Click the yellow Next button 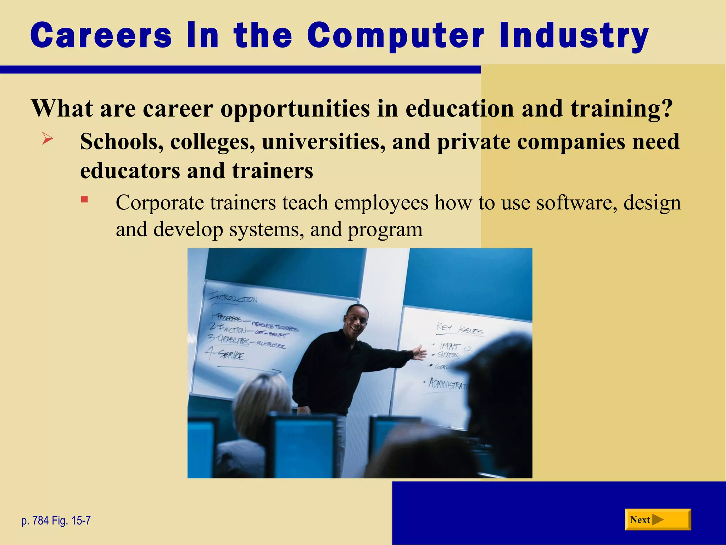[x=658, y=519]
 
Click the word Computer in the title [x=395, y=35]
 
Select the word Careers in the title [x=101, y=35]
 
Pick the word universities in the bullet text [x=323, y=142]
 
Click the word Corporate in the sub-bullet [x=160, y=203]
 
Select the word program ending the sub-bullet [x=385, y=230]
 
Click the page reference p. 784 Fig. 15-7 [x=56, y=521]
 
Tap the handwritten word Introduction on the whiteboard [x=233, y=297]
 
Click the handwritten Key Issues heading [x=459, y=329]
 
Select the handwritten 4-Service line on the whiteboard [x=225, y=353]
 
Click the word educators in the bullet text [x=130, y=171]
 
